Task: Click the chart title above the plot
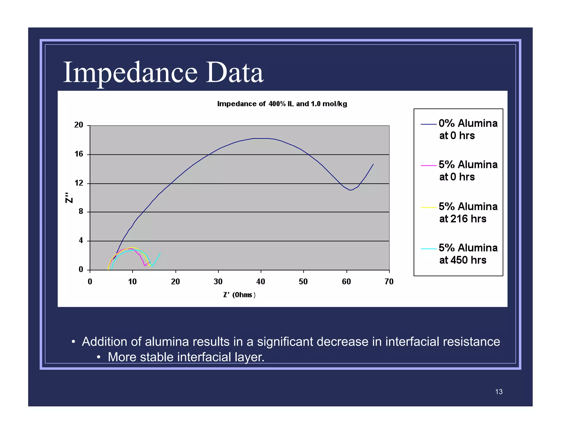click(x=282, y=104)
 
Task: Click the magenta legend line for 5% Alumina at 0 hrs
click(x=428, y=166)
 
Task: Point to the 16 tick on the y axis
click(x=79, y=154)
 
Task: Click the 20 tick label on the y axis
click(x=79, y=125)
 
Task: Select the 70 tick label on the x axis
click(x=389, y=282)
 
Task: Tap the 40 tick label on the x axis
click(x=261, y=282)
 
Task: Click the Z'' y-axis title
click(x=69, y=198)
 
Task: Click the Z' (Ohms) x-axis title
click(x=239, y=295)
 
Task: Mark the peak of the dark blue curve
click(x=260, y=138)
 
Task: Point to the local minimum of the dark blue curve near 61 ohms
click(x=350, y=190)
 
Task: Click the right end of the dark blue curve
click(x=373, y=164)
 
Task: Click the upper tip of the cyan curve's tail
click(x=160, y=253)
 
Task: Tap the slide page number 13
click(x=499, y=392)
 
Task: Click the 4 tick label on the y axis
click(x=81, y=241)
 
